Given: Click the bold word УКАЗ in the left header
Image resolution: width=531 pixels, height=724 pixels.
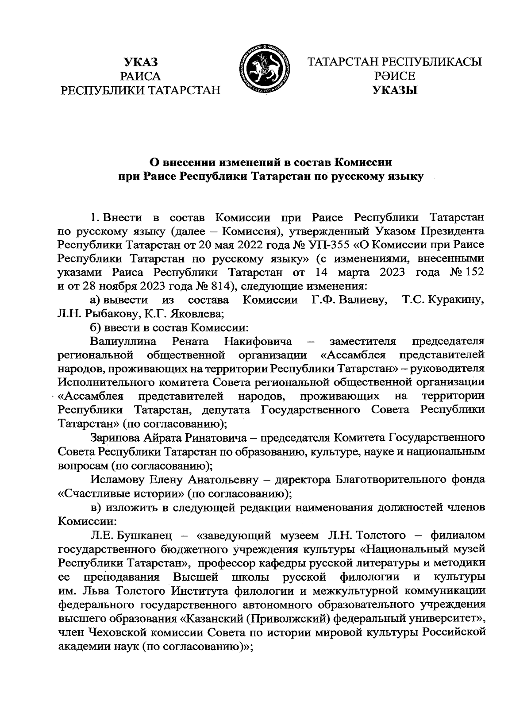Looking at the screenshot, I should click(x=141, y=62).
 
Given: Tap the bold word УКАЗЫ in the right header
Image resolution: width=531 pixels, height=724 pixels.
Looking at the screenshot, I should click(x=395, y=90).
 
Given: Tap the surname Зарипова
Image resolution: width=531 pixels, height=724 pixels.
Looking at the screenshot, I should click(x=115, y=438).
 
